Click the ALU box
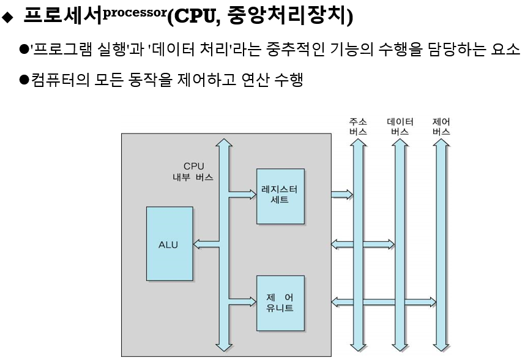[x=168, y=244]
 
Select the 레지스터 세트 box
[x=280, y=194]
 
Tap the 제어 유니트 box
[x=280, y=302]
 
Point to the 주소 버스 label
[x=358, y=127]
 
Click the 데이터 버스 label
[x=400, y=127]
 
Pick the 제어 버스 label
[x=441, y=127]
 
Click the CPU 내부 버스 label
[x=193, y=171]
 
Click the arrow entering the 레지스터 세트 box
[x=245, y=194]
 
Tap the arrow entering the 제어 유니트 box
[x=245, y=302]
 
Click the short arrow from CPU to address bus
[x=342, y=195]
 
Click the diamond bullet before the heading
[x=7, y=18]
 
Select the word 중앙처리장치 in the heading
[x=288, y=17]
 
